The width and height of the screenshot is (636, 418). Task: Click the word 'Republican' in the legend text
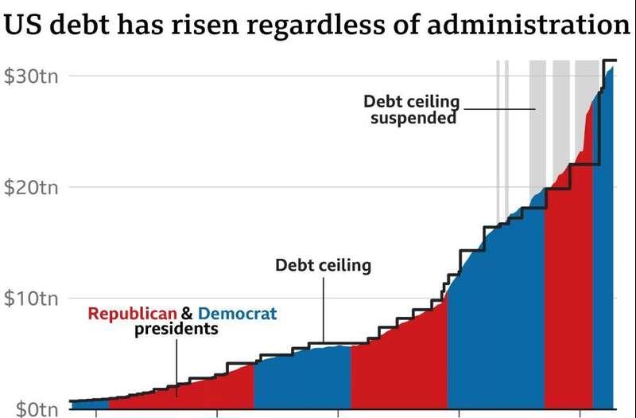pos(132,314)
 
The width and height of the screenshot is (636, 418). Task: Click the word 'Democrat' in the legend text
pos(238,314)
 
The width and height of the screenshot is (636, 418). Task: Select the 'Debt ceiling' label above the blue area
pos(323,265)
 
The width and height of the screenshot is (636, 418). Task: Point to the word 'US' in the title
pos(21,25)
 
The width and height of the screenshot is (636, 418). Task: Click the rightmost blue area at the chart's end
pos(604,255)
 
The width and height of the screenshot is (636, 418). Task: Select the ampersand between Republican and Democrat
pos(188,314)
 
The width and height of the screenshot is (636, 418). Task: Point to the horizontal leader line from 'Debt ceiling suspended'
pos(501,109)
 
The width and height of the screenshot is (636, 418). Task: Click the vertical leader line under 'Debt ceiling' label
pos(323,311)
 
